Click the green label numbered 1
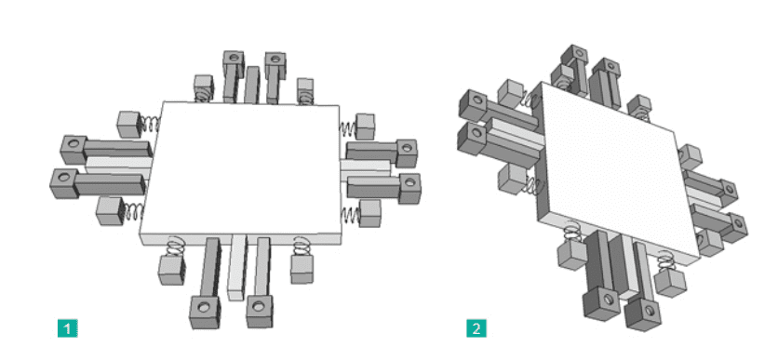coord(68,328)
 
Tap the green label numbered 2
coord(476,328)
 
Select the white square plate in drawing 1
coord(241,172)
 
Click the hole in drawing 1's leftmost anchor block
coord(63,176)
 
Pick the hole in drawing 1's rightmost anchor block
coord(410,182)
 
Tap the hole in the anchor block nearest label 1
coord(204,306)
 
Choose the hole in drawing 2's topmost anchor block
coord(577,54)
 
